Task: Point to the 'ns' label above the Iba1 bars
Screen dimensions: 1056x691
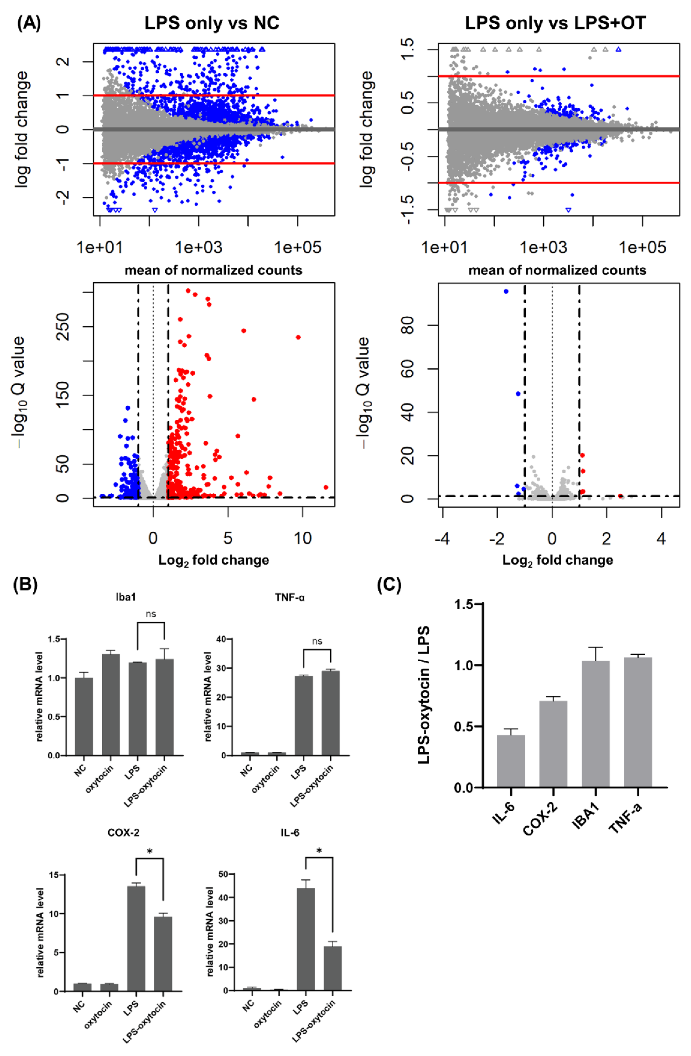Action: [151, 614]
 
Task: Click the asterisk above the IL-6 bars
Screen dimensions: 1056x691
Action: [319, 851]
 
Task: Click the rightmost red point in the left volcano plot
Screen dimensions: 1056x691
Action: [326, 487]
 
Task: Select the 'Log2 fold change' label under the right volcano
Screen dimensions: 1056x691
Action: [558, 560]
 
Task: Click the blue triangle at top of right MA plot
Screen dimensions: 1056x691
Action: [618, 49]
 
